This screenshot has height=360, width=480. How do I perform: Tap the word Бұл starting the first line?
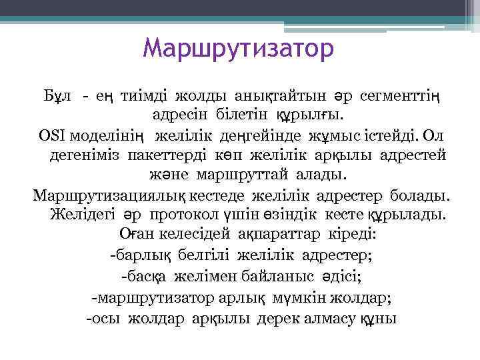coord(56,97)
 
